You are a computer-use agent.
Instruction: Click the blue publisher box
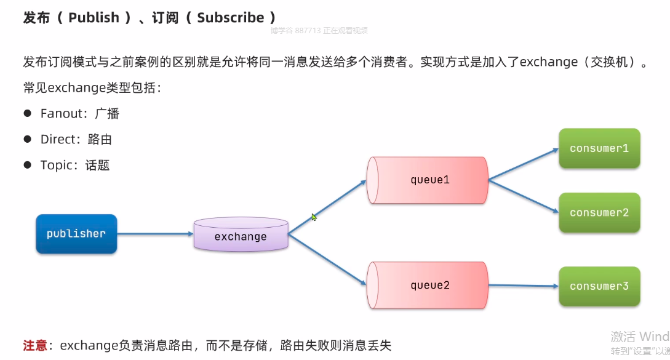(76, 234)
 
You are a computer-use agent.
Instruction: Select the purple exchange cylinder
(241, 234)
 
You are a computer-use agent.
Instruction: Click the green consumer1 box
(599, 148)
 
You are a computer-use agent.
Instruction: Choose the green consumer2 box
(599, 213)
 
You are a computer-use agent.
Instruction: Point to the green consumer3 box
(599, 286)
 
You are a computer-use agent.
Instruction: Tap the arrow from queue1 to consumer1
(523, 164)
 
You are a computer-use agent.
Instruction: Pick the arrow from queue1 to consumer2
(523, 196)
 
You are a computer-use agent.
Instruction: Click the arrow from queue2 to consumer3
(523, 286)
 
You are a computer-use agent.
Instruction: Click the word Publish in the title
(94, 18)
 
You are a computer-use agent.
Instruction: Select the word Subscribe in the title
(230, 18)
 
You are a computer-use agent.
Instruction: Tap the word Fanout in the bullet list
(60, 113)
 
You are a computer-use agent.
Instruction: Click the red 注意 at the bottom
(35, 345)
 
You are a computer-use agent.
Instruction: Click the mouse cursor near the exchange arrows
(314, 217)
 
